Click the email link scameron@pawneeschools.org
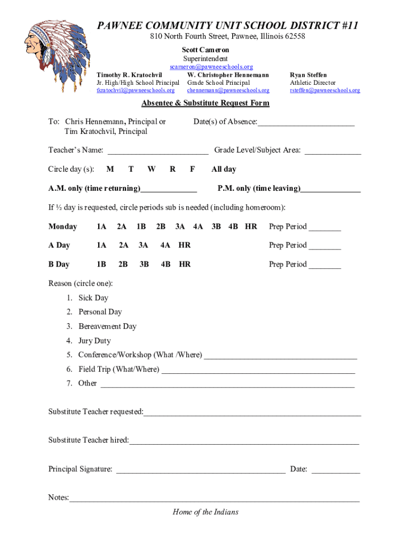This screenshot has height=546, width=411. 211,67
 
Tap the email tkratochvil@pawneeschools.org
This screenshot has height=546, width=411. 135,91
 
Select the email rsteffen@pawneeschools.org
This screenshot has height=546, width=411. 325,91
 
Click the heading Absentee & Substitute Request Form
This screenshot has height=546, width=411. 205,103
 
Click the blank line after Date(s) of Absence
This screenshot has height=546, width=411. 306,123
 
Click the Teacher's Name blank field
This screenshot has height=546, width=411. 157,151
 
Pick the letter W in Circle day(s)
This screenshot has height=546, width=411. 152,169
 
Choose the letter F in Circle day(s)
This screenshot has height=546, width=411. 192,169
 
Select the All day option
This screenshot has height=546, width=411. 224,169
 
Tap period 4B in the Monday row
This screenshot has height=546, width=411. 233,227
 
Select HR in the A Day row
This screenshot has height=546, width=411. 184,245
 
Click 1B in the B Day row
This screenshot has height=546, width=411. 101,264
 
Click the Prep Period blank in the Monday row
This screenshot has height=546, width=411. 325,228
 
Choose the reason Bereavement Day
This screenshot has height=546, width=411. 107,326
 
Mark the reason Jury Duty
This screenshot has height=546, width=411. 94,341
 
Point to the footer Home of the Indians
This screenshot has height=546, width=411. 205,512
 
